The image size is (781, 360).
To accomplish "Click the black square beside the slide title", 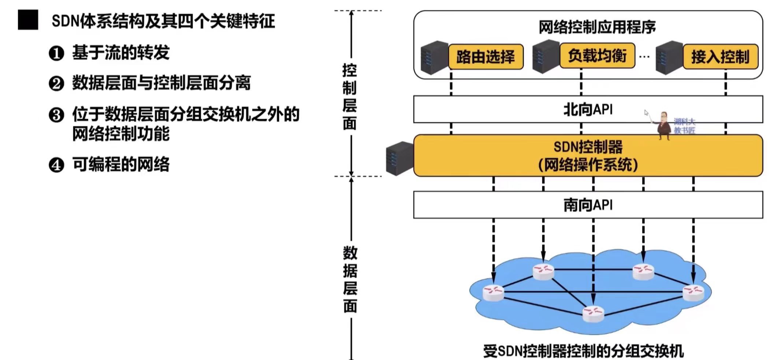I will tap(28, 20).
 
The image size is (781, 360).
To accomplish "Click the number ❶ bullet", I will tap(56, 53).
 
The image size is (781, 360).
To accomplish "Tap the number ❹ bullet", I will tap(56, 165).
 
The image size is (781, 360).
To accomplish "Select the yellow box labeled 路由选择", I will tap(486, 56).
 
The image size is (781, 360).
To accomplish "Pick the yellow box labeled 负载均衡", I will tap(597, 56).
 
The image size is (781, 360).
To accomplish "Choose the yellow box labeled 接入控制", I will tap(720, 56).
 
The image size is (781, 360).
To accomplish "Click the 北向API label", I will tap(588, 109).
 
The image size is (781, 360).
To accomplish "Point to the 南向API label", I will tap(588, 205).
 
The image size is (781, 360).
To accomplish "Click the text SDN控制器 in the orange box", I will tap(588, 147).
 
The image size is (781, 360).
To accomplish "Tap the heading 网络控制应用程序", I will tap(597, 27).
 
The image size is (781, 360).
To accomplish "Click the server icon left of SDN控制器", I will tap(399, 158).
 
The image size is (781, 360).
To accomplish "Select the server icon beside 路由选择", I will tap(434, 57).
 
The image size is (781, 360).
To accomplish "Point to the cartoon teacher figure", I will tap(663, 126).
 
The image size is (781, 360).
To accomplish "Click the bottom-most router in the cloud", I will tap(593, 313).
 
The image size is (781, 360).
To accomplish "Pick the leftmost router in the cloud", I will tap(493, 293).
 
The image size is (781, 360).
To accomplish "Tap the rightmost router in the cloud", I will tap(693, 293).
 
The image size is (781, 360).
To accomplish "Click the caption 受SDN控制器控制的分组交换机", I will tap(583, 351).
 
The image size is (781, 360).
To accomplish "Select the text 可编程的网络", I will tap(121, 164).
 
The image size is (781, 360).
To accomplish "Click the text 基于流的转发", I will tap(121, 53).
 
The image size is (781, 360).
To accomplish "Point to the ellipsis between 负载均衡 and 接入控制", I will tap(644, 57).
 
